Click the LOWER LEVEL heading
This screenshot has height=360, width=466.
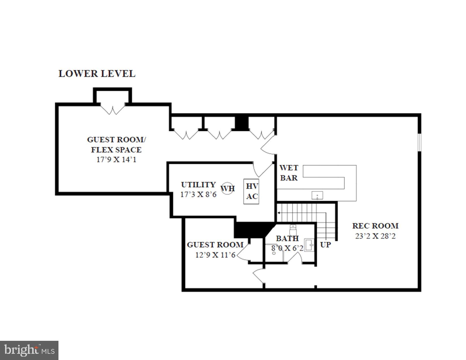97,74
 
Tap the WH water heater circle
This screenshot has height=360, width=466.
227,188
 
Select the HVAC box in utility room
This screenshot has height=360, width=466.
251,191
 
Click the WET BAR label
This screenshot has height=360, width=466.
289,173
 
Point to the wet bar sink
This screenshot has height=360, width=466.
317,195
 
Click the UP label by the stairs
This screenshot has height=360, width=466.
325,245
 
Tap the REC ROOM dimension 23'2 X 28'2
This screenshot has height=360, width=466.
375,236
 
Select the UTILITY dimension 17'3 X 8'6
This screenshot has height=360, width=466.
198,195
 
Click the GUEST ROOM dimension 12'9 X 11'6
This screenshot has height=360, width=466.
215,255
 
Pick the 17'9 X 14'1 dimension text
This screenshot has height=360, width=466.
116,160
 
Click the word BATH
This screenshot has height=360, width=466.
287,238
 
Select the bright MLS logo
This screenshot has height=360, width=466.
29,350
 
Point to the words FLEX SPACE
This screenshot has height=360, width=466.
116,150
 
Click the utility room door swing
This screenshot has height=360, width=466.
262,170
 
